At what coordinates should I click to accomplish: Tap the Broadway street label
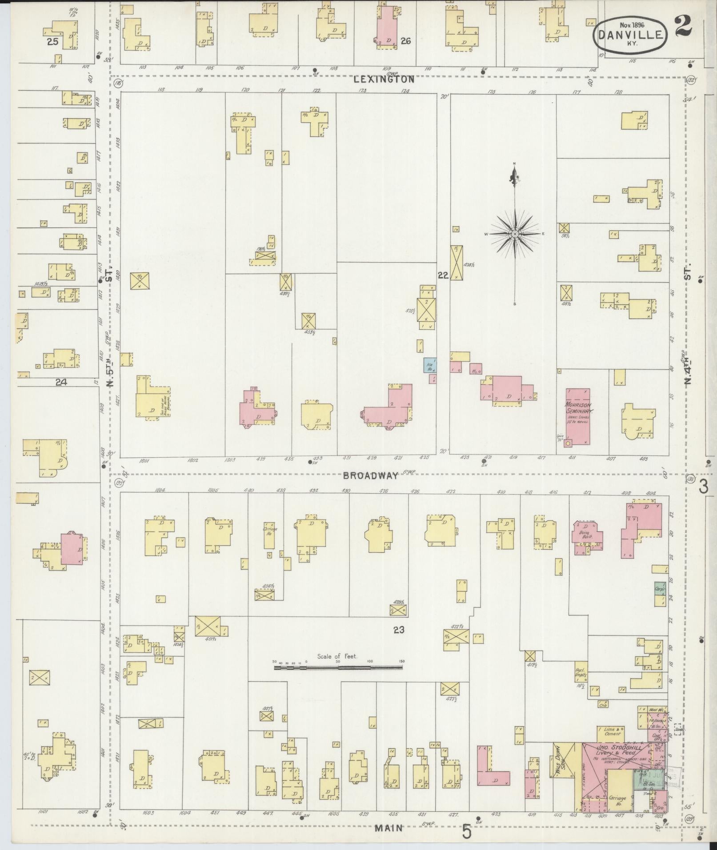click(x=370, y=475)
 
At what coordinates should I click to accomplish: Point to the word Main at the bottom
click(x=388, y=828)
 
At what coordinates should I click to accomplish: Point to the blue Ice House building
click(x=430, y=365)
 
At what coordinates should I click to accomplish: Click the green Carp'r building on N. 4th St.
click(x=660, y=589)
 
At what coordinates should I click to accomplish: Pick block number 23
click(x=398, y=630)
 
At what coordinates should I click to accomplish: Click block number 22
click(x=442, y=275)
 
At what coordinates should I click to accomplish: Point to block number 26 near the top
click(x=405, y=41)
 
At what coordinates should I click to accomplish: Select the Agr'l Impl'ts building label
click(x=581, y=674)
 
